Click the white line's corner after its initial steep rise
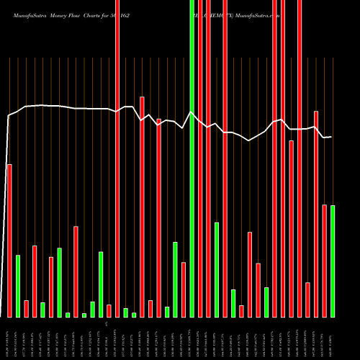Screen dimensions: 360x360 point(9,115)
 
